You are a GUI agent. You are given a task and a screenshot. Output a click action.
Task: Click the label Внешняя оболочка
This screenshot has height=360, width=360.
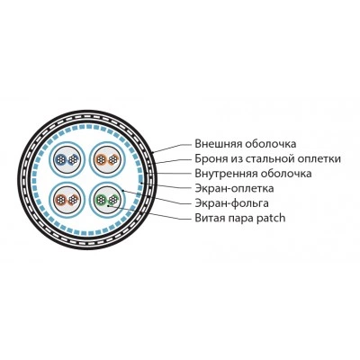246,144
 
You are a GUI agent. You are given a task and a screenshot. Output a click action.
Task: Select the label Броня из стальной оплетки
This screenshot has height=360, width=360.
267,158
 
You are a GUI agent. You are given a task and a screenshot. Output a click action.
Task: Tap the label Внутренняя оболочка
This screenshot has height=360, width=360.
253,174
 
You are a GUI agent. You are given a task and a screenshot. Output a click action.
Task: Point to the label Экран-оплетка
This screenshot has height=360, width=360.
234,188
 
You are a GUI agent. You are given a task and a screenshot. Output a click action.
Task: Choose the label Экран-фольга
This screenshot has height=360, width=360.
231,203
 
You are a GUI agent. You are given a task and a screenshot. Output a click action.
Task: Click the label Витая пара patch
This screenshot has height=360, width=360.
240,218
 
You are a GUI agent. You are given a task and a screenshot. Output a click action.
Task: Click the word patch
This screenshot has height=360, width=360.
271,218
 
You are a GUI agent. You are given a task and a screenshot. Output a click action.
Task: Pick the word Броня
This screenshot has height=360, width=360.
208,158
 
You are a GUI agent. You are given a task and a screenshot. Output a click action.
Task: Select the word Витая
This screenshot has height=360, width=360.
207,218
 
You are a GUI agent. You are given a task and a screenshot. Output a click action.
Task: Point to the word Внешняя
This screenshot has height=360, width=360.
218,144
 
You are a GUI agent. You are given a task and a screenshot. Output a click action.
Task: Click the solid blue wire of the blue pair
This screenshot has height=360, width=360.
61,159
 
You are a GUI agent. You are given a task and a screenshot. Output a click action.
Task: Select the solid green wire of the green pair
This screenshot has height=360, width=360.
101,200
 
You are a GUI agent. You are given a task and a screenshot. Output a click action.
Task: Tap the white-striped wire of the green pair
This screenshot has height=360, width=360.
112,199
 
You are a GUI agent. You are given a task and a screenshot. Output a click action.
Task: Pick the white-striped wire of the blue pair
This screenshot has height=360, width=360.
72,159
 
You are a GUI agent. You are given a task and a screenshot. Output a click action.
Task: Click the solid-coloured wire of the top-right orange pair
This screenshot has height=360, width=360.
101,159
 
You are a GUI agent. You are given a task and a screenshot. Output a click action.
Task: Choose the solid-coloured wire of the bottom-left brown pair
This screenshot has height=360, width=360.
61,200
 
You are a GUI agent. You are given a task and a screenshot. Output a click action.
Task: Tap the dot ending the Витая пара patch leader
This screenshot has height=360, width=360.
107,205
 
